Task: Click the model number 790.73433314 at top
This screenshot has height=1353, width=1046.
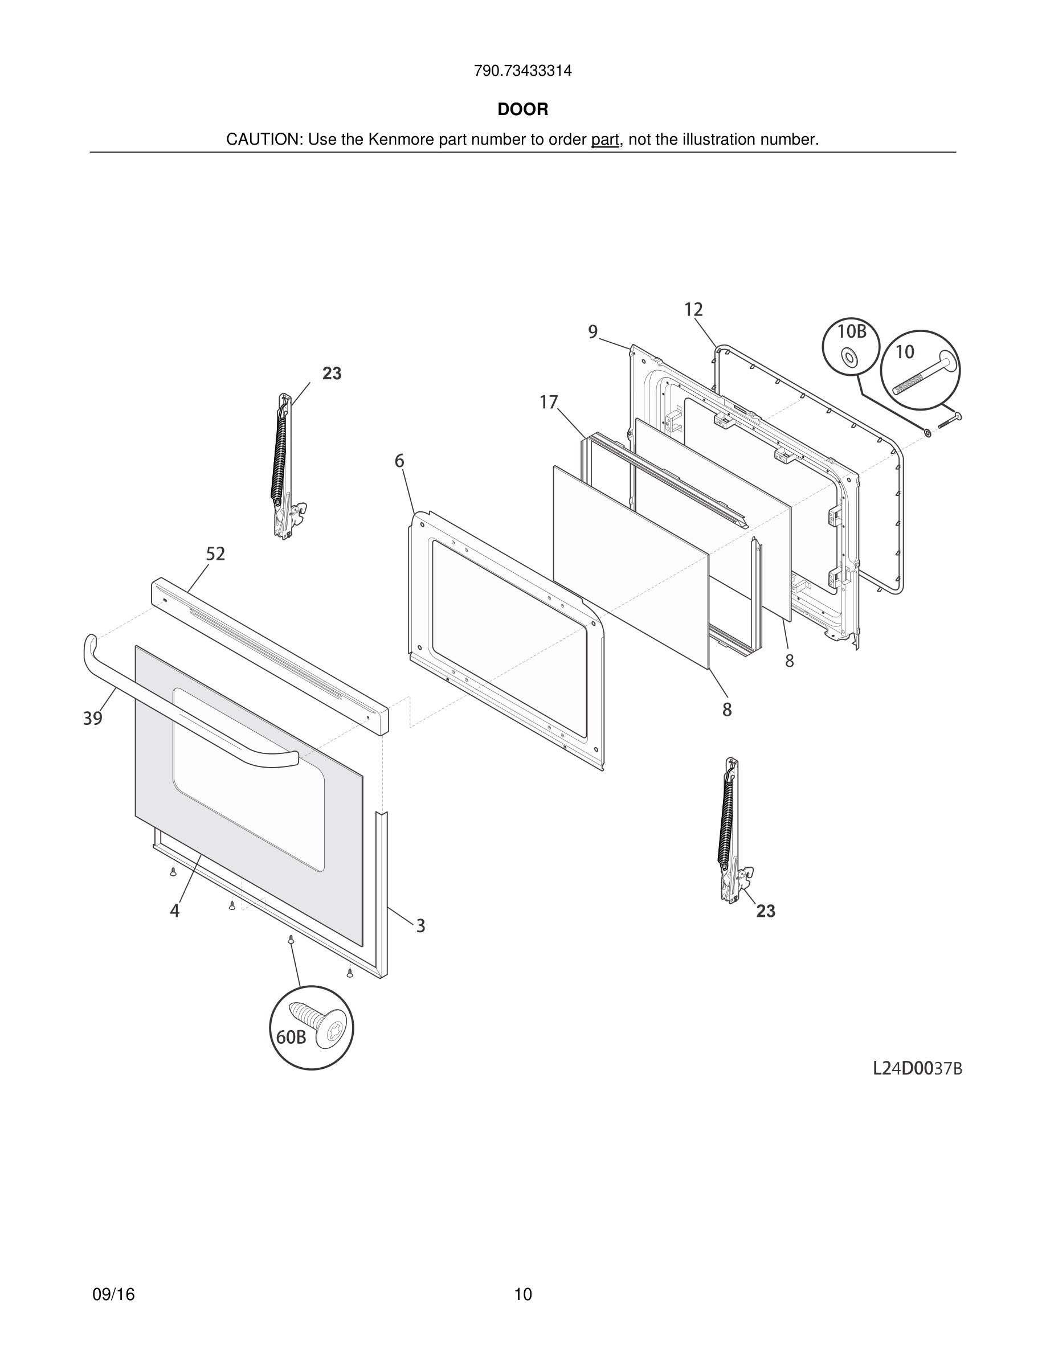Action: pos(522,71)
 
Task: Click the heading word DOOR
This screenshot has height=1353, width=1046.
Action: pos(522,110)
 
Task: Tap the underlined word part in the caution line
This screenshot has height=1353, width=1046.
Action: pos(605,140)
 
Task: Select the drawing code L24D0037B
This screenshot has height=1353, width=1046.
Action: pos(917,1069)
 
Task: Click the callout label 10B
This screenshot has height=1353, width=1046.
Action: pos(851,332)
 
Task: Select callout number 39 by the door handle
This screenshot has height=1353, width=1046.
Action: pos(93,719)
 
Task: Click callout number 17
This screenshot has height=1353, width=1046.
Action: pos(549,403)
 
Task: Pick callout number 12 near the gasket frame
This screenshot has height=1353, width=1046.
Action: pos(693,310)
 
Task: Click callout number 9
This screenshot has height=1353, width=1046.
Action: pos(593,333)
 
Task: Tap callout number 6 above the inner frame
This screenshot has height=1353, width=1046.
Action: pos(399,461)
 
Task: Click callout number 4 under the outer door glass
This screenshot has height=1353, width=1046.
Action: pos(175,911)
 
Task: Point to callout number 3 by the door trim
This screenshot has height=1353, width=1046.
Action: pos(420,925)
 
